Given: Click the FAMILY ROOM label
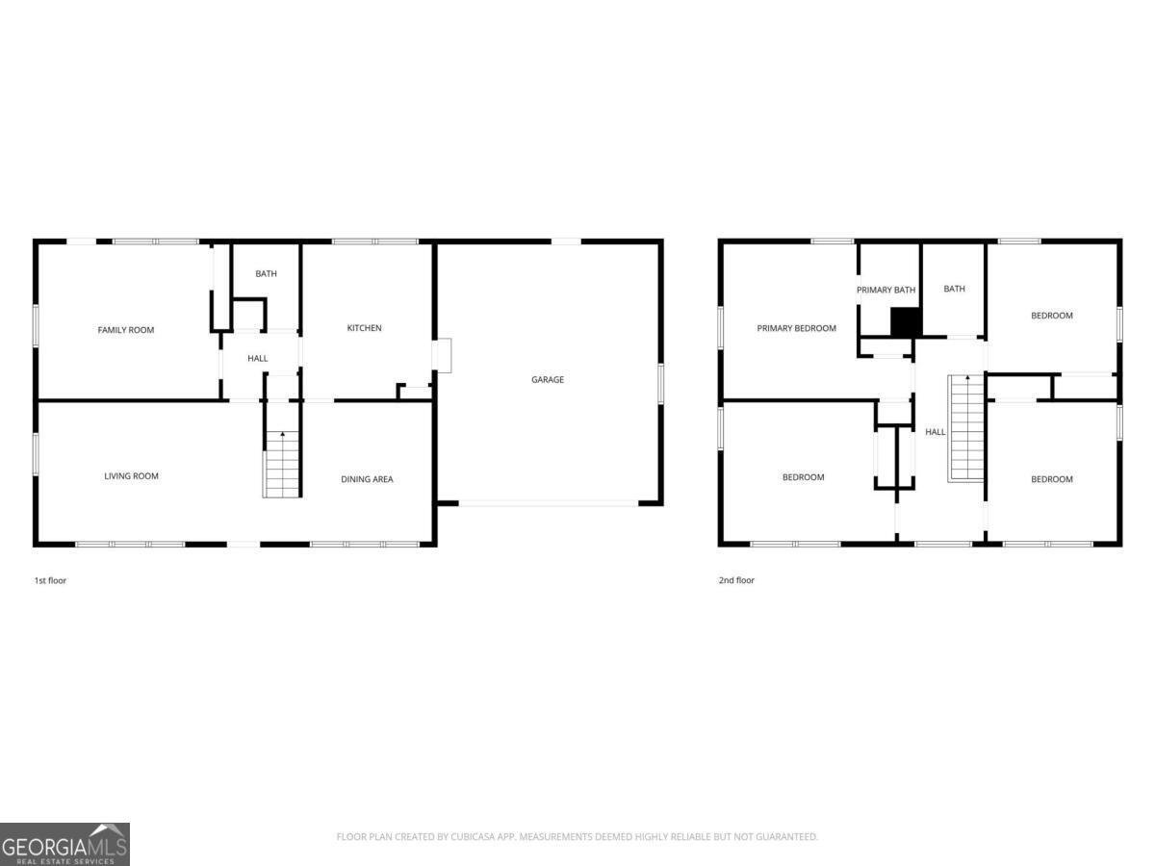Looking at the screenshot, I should [x=126, y=330].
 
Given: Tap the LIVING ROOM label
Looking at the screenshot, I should [x=131, y=476].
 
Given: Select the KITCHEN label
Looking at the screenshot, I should [x=364, y=328].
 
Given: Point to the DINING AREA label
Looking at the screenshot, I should [x=367, y=479].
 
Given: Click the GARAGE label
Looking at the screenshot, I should [x=548, y=380].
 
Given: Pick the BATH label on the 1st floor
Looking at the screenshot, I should [x=266, y=274].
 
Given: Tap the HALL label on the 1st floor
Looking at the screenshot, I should [x=258, y=359].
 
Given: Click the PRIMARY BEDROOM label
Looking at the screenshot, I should [x=796, y=328].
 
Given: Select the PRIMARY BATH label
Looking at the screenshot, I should [x=885, y=290].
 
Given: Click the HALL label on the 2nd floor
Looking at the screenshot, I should [x=935, y=433].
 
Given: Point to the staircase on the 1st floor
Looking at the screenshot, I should [x=283, y=466].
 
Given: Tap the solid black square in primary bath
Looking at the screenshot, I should [x=906, y=321].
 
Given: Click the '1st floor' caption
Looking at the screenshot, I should [x=50, y=581].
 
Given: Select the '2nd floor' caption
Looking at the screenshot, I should [x=736, y=581].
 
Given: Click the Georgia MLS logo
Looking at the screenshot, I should [x=64, y=844].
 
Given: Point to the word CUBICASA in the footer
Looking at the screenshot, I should [x=475, y=837].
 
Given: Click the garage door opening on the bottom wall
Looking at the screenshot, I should [x=547, y=502].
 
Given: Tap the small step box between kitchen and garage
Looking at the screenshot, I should [x=442, y=355].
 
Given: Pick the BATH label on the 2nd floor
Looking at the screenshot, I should [x=954, y=290].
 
